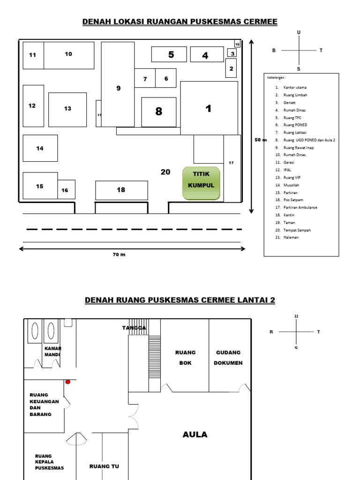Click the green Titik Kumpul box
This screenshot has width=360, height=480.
click(201, 183)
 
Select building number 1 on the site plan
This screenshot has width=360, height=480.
click(209, 109)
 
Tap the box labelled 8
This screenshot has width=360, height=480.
click(159, 112)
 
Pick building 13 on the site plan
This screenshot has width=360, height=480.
click(67, 109)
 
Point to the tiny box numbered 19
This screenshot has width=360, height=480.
click(237, 44)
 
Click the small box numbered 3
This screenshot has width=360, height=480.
click(232, 53)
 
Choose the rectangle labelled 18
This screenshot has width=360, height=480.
click(121, 190)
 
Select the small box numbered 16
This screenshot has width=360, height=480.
click(66, 190)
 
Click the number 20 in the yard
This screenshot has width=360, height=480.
click(165, 172)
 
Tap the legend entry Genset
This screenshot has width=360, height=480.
click(289, 103)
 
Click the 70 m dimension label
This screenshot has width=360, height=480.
click(119, 255)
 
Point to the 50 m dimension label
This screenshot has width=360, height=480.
click(260, 140)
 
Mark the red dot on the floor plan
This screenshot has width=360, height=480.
click(67, 382)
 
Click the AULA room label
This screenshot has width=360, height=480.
click(195, 435)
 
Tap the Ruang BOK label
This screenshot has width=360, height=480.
click(185, 358)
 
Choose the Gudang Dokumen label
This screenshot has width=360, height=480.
click(228, 358)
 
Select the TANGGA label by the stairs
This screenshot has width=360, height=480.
click(134, 328)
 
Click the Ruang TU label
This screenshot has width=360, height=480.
click(104, 466)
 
